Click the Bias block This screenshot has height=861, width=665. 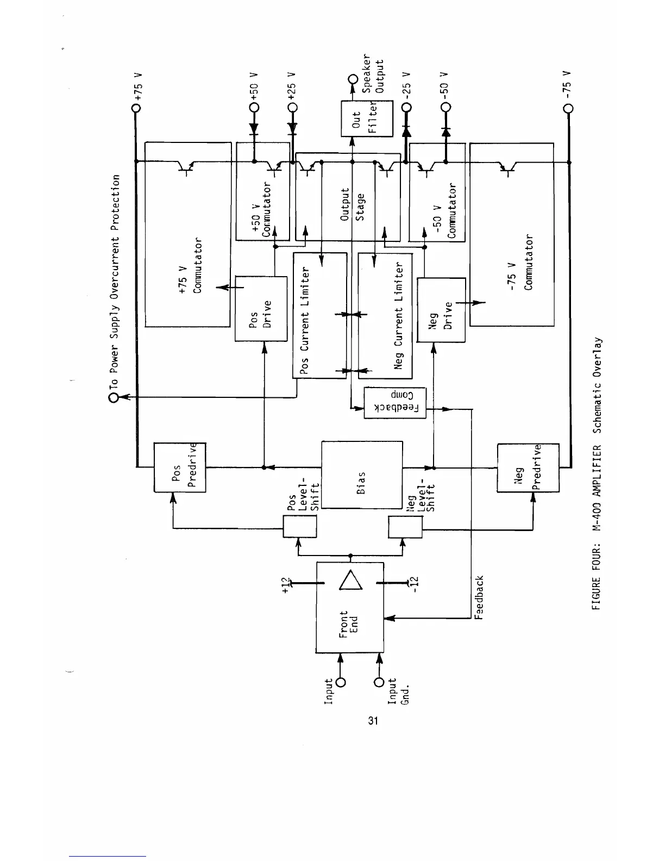362,475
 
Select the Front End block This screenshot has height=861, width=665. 350,607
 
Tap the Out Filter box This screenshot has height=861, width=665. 367,119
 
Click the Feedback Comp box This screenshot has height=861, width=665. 394,403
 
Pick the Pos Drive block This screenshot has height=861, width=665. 261,309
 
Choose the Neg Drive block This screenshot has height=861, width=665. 441,310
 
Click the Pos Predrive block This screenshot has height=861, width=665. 180,467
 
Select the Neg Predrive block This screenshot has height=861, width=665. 528,468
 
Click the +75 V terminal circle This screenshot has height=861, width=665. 136,108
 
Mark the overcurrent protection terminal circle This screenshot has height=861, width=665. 114,398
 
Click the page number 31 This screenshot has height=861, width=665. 373,721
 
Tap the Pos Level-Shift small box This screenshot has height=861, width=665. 300,527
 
